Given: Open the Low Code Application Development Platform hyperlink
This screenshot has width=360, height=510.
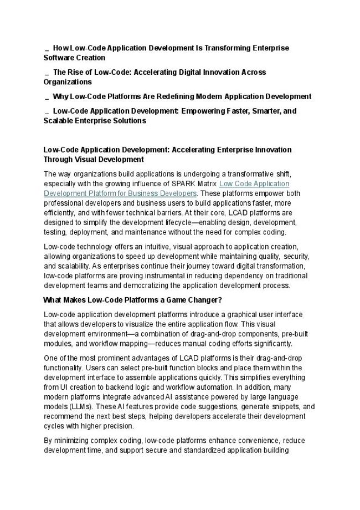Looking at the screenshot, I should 254,183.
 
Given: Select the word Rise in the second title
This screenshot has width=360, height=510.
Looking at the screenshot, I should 76,73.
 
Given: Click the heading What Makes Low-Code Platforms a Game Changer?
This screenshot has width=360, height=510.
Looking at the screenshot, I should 132,300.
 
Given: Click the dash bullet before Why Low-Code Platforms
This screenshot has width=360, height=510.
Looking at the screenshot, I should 47,96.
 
